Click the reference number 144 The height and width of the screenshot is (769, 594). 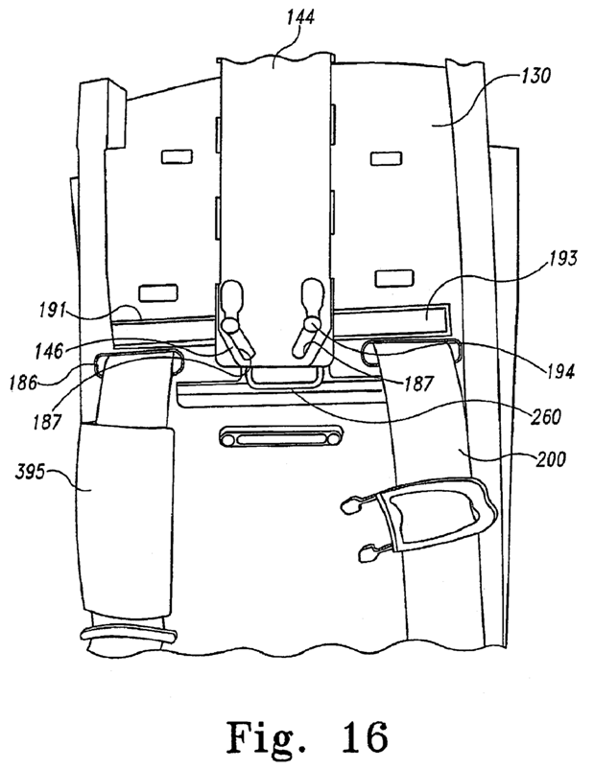click(300, 18)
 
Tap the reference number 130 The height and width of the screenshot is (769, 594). click(535, 77)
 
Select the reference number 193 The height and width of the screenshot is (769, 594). click(562, 259)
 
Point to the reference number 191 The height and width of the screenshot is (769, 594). click(53, 311)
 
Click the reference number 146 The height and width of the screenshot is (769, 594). click(49, 350)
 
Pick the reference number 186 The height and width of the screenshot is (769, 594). click(24, 383)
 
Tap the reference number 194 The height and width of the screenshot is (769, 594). click(560, 372)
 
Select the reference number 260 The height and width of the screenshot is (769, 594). click(546, 417)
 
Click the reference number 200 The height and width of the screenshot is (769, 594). click(551, 459)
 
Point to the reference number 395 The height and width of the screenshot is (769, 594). click(31, 474)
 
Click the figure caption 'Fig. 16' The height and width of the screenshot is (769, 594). click(307, 737)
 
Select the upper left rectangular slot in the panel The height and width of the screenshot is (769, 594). click(177, 157)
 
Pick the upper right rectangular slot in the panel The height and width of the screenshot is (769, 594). click(387, 158)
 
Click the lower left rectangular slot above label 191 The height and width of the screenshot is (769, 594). click(157, 292)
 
